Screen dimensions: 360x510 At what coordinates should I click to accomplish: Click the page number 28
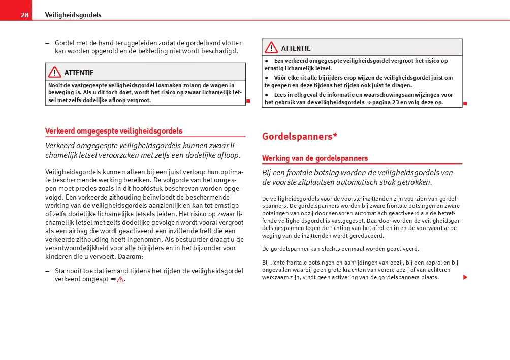(24, 15)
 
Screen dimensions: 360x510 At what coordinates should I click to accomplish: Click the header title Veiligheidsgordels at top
(73, 15)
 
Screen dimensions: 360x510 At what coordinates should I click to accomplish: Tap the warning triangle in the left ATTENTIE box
(54, 72)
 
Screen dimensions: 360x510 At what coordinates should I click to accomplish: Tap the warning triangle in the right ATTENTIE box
(271, 48)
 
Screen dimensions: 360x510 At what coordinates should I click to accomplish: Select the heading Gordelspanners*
(300, 136)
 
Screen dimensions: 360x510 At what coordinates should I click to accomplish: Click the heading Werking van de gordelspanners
(315, 158)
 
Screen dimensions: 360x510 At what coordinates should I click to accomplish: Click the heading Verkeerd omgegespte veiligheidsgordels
(114, 131)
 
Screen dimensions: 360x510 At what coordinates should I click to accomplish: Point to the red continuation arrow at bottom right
(465, 277)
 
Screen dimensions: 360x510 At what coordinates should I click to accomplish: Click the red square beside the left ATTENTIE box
(248, 101)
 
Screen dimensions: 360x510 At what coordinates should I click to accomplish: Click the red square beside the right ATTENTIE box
(465, 103)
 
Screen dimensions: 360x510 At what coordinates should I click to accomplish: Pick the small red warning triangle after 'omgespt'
(120, 279)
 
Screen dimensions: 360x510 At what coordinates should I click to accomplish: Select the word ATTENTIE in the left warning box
(79, 73)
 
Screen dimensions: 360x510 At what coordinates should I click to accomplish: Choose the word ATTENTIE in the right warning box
(296, 48)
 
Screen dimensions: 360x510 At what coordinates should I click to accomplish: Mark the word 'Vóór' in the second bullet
(280, 78)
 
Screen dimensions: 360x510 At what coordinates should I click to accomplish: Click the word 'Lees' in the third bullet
(280, 95)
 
